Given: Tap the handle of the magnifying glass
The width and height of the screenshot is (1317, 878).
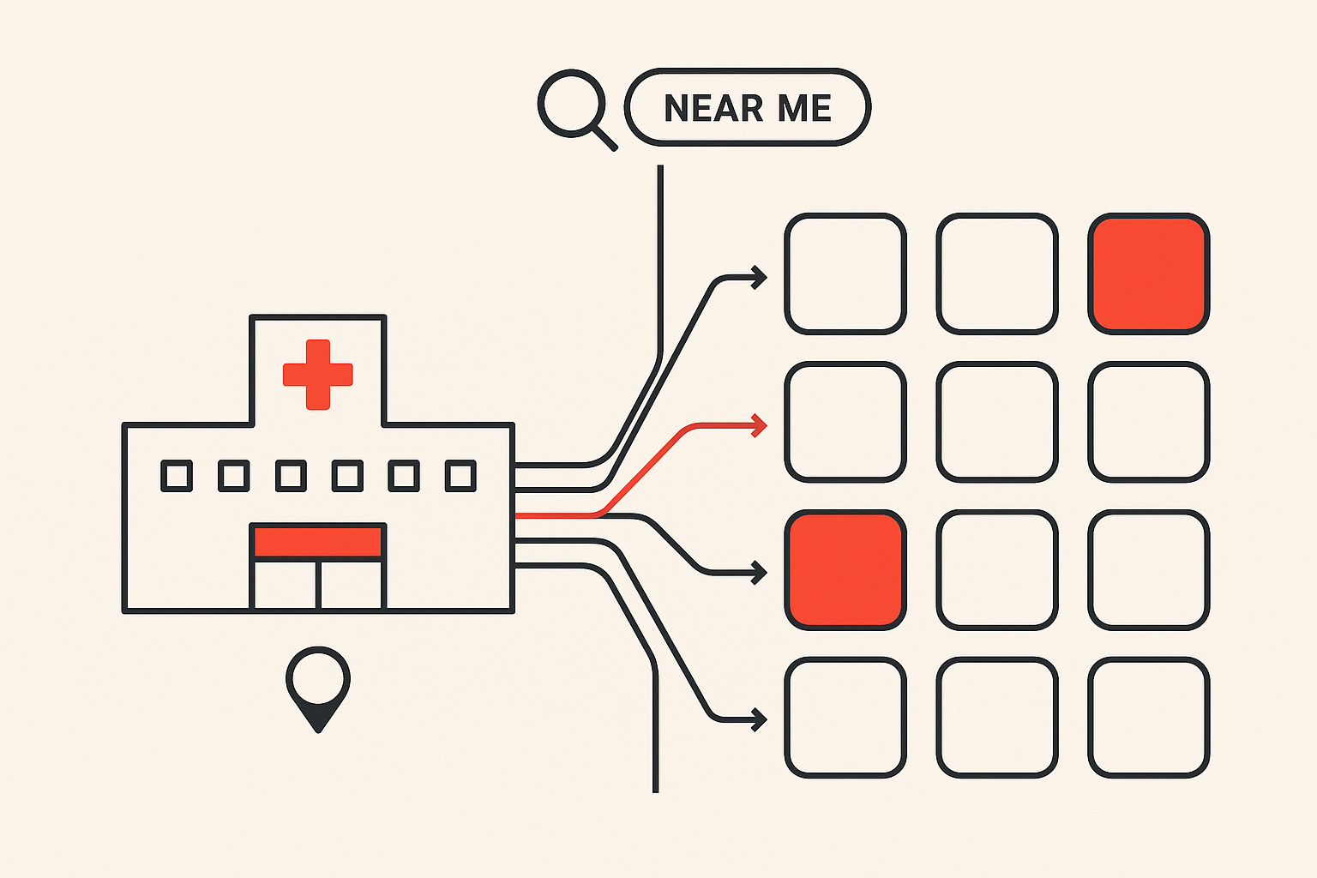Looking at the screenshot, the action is click(x=605, y=138).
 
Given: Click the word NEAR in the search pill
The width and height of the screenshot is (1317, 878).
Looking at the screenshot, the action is click(x=713, y=108).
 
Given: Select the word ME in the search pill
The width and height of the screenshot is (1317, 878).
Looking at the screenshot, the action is click(x=804, y=108).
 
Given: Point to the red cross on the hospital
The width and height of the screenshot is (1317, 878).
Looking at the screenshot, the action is click(x=317, y=375).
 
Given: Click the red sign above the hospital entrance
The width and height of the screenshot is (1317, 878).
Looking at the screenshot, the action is click(x=317, y=542).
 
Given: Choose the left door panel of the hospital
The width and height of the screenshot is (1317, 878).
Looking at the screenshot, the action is click(x=286, y=585).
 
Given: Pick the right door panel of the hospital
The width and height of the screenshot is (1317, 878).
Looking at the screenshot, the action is click(x=351, y=585).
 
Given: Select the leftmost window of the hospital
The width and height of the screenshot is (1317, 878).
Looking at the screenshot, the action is click(x=177, y=476).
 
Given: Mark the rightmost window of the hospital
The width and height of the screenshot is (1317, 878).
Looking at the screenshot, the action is click(x=460, y=476).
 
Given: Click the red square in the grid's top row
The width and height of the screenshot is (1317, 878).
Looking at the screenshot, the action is click(x=1148, y=274).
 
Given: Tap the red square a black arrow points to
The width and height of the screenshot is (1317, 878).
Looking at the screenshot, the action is click(x=845, y=570).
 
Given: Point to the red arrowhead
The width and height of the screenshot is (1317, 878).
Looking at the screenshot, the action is click(x=760, y=425).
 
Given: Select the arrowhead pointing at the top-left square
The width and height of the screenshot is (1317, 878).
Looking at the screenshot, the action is click(x=760, y=278).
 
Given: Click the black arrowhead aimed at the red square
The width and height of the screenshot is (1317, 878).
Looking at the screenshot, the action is click(x=760, y=573).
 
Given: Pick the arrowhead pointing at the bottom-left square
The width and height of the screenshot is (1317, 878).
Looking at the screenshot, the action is click(x=760, y=719).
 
